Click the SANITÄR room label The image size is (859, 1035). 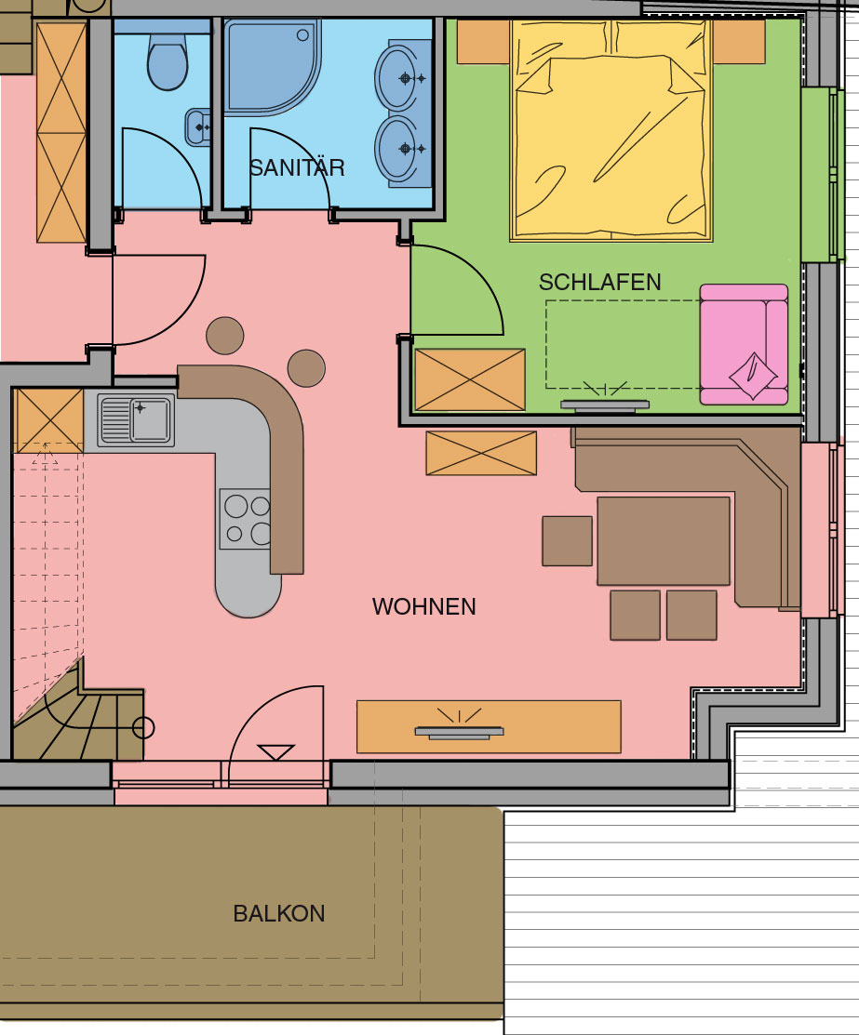click(x=297, y=167)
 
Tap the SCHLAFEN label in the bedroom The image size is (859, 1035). click(x=600, y=283)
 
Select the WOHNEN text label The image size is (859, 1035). click(x=424, y=606)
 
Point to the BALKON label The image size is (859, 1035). click(x=279, y=913)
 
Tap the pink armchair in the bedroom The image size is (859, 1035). click(x=744, y=344)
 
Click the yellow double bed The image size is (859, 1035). click(x=611, y=130)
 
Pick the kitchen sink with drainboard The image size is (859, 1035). click(x=136, y=419)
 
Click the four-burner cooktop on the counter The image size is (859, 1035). click(x=245, y=519)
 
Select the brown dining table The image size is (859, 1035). click(x=664, y=540)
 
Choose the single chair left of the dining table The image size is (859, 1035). click(x=567, y=541)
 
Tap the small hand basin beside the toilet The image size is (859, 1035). click(x=197, y=126)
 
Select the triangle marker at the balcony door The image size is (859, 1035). click(x=276, y=752)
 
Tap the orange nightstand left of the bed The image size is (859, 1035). click(x=484, y=42)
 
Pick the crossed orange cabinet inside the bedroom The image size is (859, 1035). click(x=469, y=379)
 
